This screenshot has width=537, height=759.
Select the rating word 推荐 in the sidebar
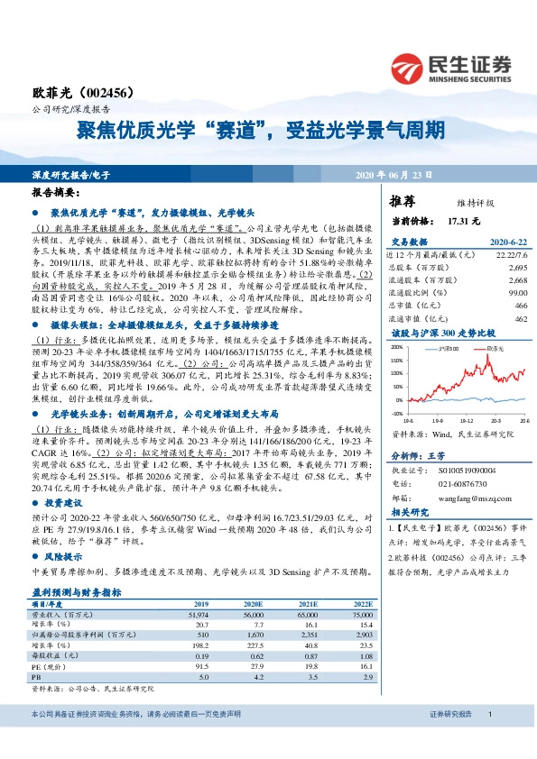403,201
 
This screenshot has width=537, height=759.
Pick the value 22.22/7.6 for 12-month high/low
509,257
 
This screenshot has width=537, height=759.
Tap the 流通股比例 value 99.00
516,293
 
